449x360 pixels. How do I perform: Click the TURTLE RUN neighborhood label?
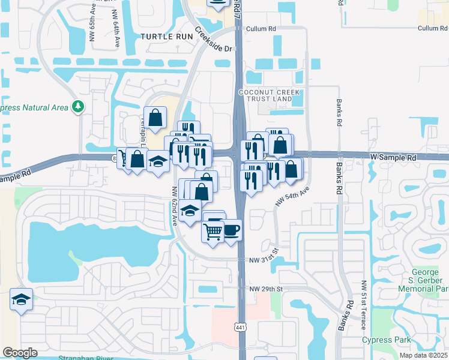coord(167,37)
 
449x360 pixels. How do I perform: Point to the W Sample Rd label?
coord(393,157)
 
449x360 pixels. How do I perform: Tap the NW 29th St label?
coord(267,289)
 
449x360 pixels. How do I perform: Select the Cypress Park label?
coord(387,340)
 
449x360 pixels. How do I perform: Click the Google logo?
coord(20,353)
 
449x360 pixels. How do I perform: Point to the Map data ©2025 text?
coord(423,355)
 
